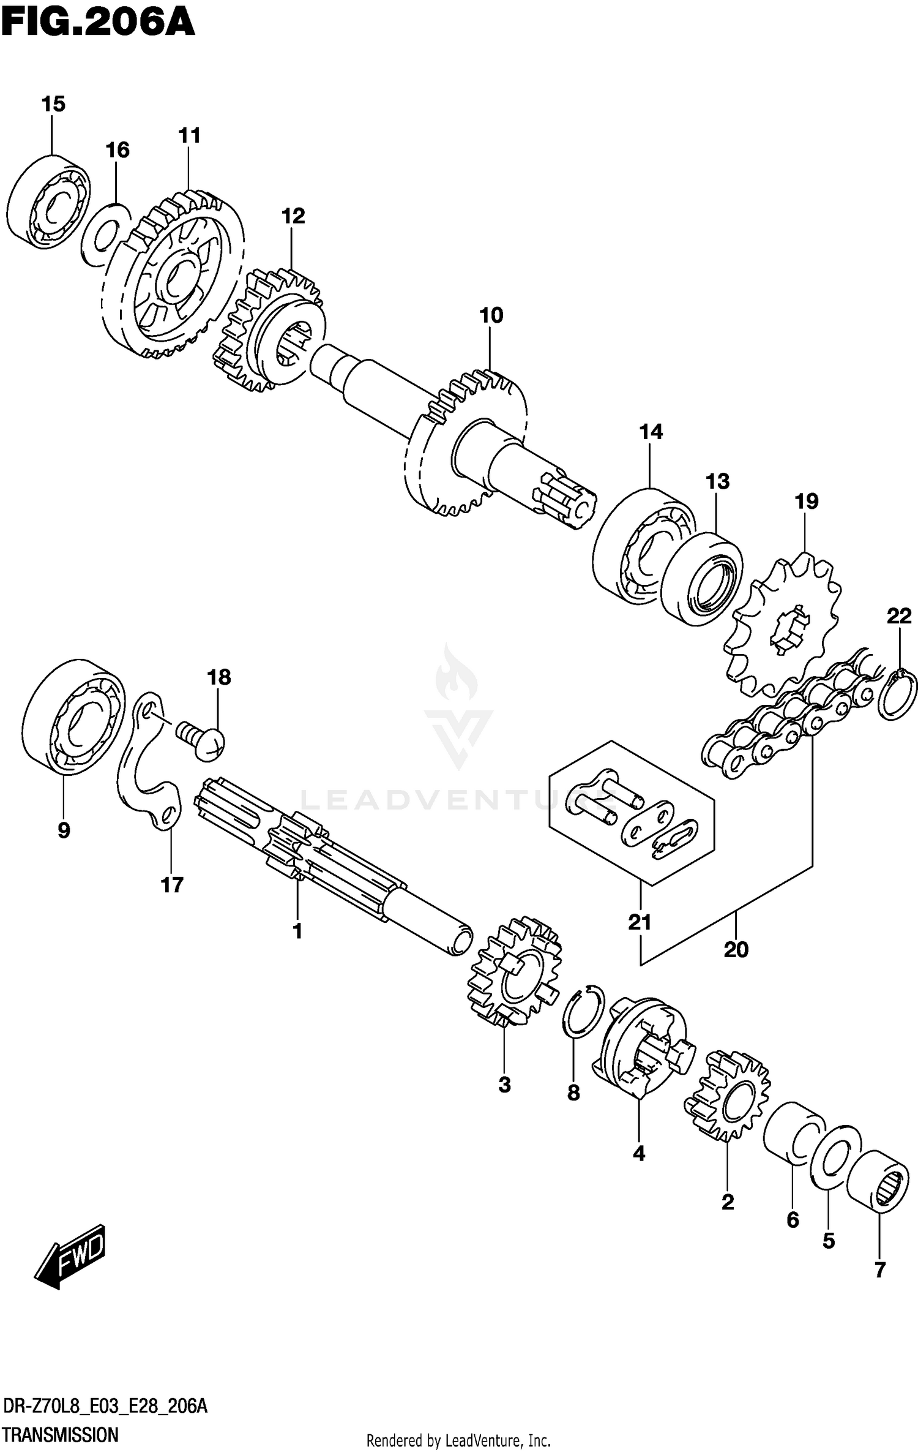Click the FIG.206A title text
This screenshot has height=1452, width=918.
(98, 23)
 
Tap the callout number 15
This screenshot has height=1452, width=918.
(53, 104)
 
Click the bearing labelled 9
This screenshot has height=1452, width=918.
(73, 717)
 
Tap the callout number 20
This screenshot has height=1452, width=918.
(736, 949)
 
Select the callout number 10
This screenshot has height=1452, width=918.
(491, 315)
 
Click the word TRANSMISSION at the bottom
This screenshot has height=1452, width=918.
(60, 1434)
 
